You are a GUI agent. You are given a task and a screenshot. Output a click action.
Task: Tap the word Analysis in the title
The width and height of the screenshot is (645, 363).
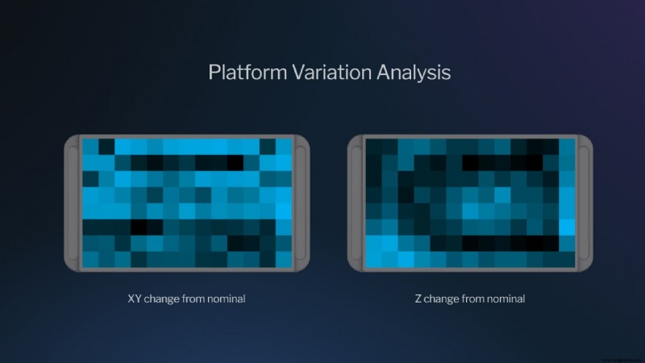[413, 73]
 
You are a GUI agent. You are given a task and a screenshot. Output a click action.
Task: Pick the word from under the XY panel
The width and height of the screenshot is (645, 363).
[196, 298]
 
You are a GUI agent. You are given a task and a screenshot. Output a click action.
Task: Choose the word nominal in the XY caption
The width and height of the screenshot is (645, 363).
[227, 298]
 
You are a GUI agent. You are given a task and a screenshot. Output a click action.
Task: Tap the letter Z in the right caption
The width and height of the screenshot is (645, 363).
[418, 298]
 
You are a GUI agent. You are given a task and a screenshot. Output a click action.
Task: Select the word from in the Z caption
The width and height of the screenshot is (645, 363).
[476, 298]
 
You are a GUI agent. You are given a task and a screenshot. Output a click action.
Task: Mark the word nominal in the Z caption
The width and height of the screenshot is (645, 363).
[507, 298]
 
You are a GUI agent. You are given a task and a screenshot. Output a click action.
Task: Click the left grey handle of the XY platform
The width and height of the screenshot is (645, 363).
[72, 202]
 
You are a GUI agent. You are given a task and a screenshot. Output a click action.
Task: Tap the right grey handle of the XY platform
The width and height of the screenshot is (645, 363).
[301, 202]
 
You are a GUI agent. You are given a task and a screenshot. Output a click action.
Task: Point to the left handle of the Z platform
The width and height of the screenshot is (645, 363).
[356, 202]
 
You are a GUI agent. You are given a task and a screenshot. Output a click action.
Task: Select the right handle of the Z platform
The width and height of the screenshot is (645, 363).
[585, 202]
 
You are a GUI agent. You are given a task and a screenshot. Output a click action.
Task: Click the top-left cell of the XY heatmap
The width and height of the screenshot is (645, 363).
[90, 146]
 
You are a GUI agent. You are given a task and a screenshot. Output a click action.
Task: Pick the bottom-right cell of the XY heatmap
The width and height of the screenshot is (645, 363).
[284, 259]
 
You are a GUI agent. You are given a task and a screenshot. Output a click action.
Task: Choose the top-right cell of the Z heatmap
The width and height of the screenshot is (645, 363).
[567, 146]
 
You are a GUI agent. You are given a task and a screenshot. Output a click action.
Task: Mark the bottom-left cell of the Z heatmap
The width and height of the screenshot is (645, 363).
[373, 259]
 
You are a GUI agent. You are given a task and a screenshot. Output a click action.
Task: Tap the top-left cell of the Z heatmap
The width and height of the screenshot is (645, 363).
[373, 146]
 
